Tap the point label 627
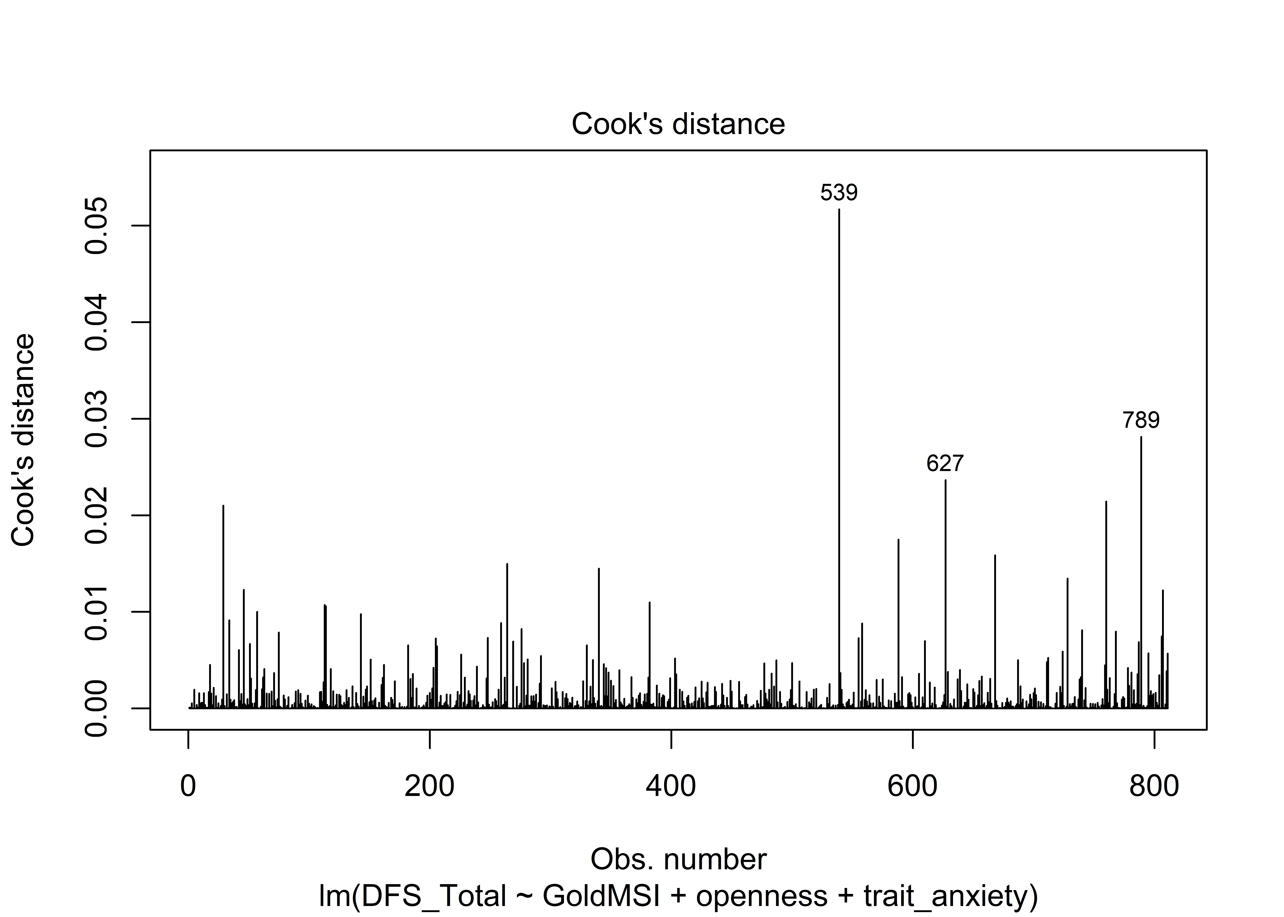(x=945, y=464)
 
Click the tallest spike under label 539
(x=839, y=452)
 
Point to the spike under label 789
(x=1141, y=565)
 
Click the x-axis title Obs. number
(x=678, y=859)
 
